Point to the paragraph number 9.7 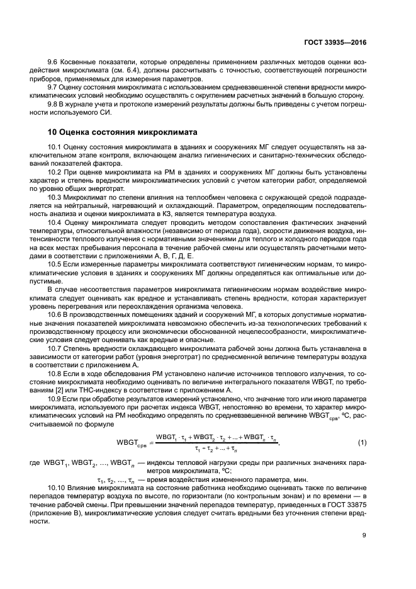pyautogui.click(x=55, y=88)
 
